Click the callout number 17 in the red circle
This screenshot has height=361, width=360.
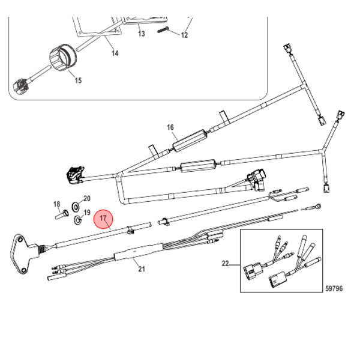point(103,218)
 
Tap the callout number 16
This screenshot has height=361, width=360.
point(170,127)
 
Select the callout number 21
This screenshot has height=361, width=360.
point(142,268)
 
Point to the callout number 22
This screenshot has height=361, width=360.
point(226,263)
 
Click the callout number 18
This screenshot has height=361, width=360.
point(57,204)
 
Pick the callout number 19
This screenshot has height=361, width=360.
point(87,212)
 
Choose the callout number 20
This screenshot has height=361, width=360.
point(87,198)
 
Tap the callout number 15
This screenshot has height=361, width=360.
point(78,80)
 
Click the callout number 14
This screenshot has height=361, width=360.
point(115,53)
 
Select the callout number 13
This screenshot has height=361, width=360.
point(142,34)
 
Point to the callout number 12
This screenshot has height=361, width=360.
point(184,35)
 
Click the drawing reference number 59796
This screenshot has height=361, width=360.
point(334,288)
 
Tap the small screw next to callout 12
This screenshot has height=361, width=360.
point(163,30)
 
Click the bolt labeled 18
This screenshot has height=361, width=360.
point(62,214)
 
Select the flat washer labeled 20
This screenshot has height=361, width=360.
point(76,206)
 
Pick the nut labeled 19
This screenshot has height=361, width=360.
point(78,220)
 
